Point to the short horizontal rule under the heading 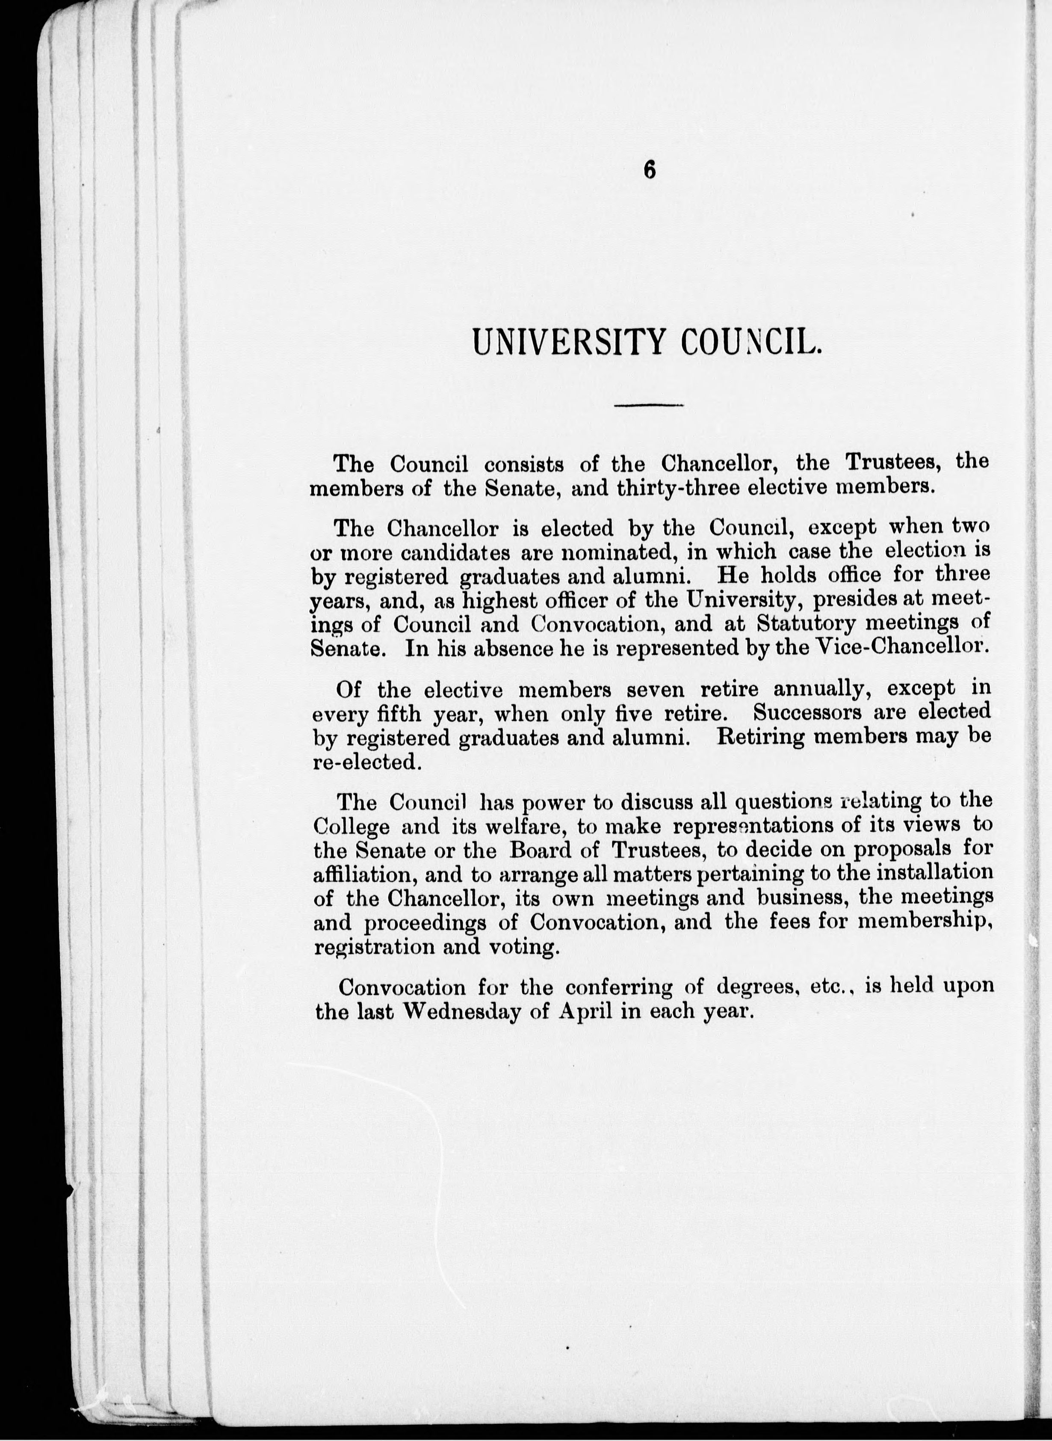(x=648, y=405)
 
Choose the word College (x=352, y=827)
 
